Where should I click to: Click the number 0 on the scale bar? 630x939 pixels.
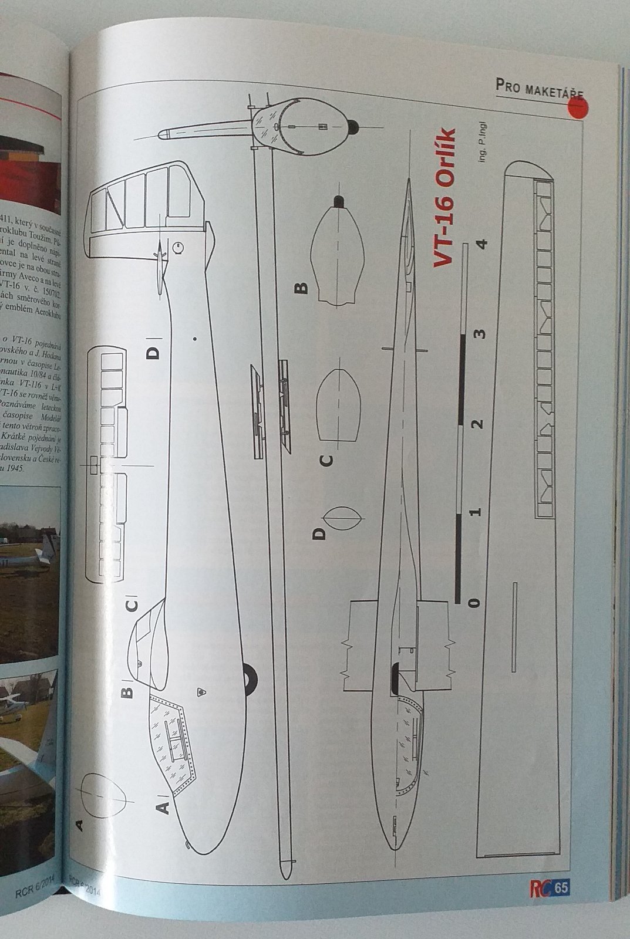click(474, 602)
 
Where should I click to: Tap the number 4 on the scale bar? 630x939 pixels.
click(484, 244)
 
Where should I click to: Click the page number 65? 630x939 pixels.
click(561, 888)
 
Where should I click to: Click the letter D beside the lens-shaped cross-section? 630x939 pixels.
click(319, 533)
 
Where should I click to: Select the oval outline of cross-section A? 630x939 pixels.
click(104, 796)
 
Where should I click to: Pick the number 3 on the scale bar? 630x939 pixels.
click(481, 334)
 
